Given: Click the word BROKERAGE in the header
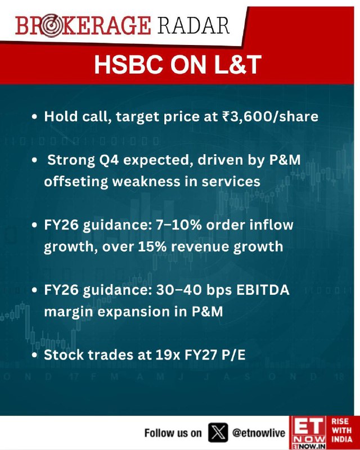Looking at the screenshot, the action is [x=83, y=26].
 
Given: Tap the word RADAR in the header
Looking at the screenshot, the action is [x=193, y=26].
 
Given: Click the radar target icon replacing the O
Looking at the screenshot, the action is [x=51, y=26].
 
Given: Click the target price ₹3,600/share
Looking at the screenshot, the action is [x=270, y=116].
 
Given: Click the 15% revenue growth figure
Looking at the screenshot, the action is [x=152, y=246].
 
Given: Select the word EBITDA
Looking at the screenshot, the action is [x=263, y=290].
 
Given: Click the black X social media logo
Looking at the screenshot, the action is [x=218, y=432].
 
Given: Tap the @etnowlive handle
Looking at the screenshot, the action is [x=259, y=433].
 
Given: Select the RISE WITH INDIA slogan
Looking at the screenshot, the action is [x=341, y=430].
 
